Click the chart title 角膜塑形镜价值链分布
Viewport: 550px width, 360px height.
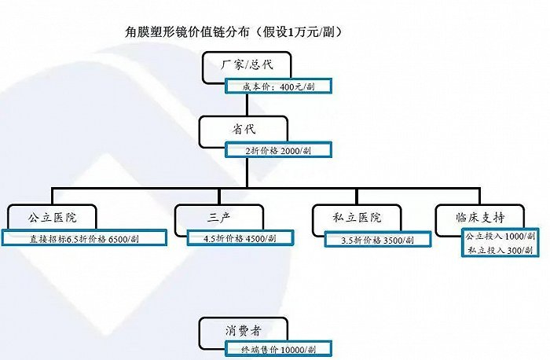(x=187, y=32)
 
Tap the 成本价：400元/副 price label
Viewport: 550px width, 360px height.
(x=278, y=86)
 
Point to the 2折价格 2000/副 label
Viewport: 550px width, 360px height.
(x=278, y=150)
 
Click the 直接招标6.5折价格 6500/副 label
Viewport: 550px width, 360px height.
(x=84, y=239)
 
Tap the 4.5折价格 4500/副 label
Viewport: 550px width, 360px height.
(x=240, y=238)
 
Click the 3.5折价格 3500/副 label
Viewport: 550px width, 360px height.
(x=377, y=240)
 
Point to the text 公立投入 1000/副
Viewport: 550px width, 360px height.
(x=500, y=236)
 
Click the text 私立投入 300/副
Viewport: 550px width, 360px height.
(x=500, y=250)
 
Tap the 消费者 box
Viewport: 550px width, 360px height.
(x=244, y=331)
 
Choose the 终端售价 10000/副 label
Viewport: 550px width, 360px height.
(x=278, y=349)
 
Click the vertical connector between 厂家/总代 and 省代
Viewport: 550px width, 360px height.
(x=247, y=105)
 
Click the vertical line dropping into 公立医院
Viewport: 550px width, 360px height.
(x=53, y=197)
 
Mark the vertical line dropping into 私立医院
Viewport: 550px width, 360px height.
(x=357, y=197)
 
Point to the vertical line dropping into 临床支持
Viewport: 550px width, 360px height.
(x=480, y=197)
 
